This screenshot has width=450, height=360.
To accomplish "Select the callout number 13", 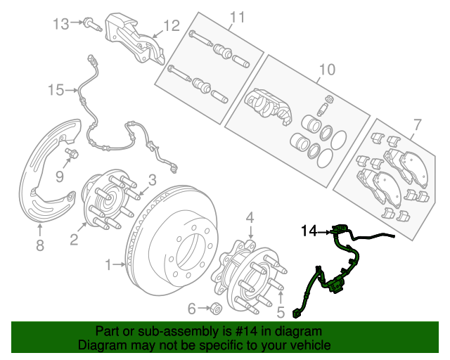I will (61, 24).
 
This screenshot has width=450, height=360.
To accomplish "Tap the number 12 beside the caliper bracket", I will (172, 27).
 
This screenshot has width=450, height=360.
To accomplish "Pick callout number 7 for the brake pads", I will (417, 125).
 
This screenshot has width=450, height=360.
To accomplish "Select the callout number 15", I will (56, 89).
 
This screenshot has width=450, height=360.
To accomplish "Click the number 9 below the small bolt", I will (60, 174).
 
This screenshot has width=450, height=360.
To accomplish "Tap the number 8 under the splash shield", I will (40, 245).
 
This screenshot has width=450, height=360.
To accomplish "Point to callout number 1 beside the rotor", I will (108, 265).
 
